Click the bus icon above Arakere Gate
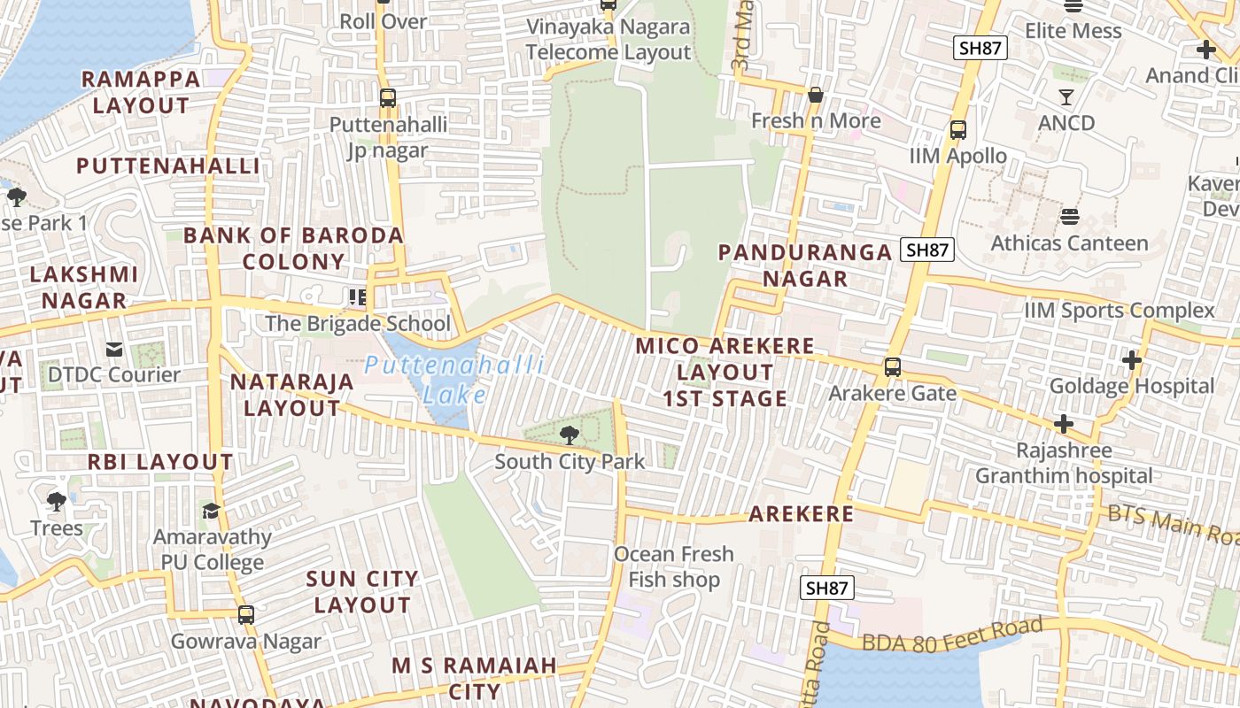pyautogui.click(x=892, y=367)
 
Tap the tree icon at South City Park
pyautogui.click(x=569, y=435)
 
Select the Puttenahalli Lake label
pyautogui.click(x=453, y=379)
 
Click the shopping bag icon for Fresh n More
pyautogui.click(x=815, y=95)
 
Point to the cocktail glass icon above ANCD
pyautogui.click(x=1066, y=96)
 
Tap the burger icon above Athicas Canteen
pyautogui.click(x=1069, y=217)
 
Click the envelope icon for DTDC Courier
pyautogui.click(x=113, y=350)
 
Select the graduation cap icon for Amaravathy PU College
pyautogui.click(x=211, y=512)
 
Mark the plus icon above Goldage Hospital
pyautogui.click(x=1131, y=360)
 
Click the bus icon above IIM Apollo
pyautogui.click(x=957, y=130)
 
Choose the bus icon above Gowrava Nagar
pyautogui.click(x=245, y=614)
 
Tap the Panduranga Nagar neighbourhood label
pyautogui.click(x=804, y=265)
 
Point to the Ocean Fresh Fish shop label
pyautogui.click(x=674, y=566)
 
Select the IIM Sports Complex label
pyautogui.click(x=1120, y=311)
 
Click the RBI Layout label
pyautogui.click(x=159, y=462)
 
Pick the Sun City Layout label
pyautogui.click(x=361, y=592)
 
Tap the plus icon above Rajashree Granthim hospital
pyautogui.click(x=1063, y=425)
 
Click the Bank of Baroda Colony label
pyautogui.click(x=293, y=249)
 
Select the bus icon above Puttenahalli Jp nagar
pyautogui.click(x=387, y=98)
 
